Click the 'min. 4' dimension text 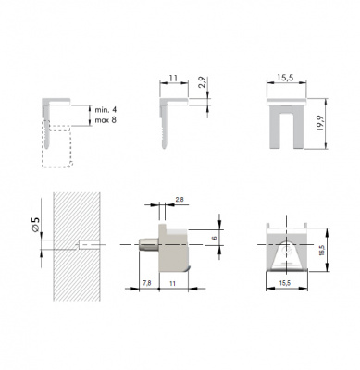(106, 110)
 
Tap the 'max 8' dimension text (106, 120)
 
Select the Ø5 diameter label (36, 224)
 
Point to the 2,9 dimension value (202, 82)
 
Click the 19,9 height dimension (319, 124)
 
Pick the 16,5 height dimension (322, 250)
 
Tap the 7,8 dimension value (147, 283)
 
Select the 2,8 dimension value (180, 200)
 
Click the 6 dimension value (215, 238)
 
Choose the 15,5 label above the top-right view (285, 78)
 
